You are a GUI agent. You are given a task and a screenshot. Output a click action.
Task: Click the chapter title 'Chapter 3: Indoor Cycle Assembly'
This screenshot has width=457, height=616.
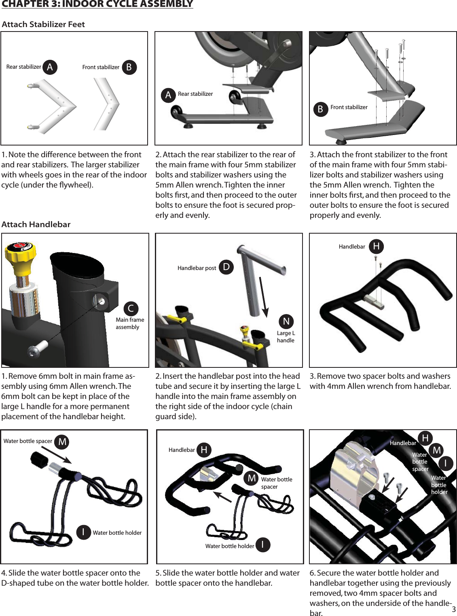click(x=97, y=4)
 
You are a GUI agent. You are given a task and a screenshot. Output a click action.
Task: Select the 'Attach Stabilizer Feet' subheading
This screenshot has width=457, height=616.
click(x=43, y=24)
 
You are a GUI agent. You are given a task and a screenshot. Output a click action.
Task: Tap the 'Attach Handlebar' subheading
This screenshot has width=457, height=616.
click(x=36, y=224)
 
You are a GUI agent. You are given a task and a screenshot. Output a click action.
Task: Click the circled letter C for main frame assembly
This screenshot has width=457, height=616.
click(x=131, y=309)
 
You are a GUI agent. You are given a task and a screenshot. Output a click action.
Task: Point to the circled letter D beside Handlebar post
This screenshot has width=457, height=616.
click(x=226, y=267)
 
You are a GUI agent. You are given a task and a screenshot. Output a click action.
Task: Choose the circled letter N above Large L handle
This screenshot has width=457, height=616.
click(x=286, y=321)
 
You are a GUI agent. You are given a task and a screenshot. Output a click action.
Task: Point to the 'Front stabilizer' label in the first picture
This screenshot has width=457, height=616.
click(x=101, y=67)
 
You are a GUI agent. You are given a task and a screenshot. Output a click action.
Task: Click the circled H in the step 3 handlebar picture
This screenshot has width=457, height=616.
click(x=376, y=246)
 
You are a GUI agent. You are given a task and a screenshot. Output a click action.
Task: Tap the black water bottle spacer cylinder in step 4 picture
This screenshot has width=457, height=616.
click(x=40, y=460)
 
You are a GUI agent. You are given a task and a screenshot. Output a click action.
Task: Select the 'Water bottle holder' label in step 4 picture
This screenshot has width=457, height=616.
click(x=117, y=533)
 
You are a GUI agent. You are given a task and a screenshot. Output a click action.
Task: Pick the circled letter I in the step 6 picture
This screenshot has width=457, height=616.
click(x=446, y=463)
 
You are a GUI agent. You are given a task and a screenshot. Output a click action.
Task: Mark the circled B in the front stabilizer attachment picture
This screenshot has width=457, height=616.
click(x=320, y=109)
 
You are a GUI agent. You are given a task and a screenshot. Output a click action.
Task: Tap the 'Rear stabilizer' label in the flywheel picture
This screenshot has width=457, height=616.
click(x=195, y=94)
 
